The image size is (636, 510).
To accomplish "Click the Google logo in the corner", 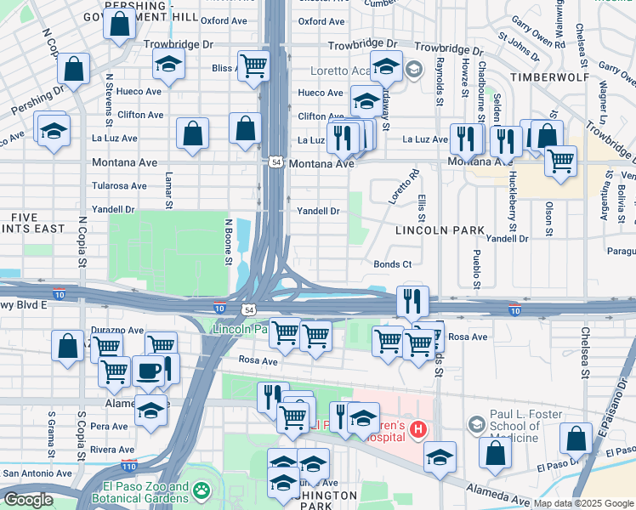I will pyautogui.click(x=28, y=500).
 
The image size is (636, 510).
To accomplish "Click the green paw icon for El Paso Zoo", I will pyautogui.click(x=201, y=490).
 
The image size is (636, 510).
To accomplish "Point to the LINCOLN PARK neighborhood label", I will pyautogui.click(x=440, y=230).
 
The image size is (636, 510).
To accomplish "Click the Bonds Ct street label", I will pyautogui.click(x=392, y=264).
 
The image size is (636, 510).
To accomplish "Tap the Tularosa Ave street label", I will pyautogui.click(x=119, y=185).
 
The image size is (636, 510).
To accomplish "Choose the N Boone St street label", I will pyautogui.click(x=228, y=241).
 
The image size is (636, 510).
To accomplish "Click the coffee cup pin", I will pyautogui.click(x=148, y=371).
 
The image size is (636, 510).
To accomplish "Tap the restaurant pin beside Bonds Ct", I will pyautogui.click(x=412, y=300).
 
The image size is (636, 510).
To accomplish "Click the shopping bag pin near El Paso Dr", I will pyautogui.click(x=576, y=438).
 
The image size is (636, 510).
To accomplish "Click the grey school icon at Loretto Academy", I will pyautogui.click(x=414, y=69).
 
